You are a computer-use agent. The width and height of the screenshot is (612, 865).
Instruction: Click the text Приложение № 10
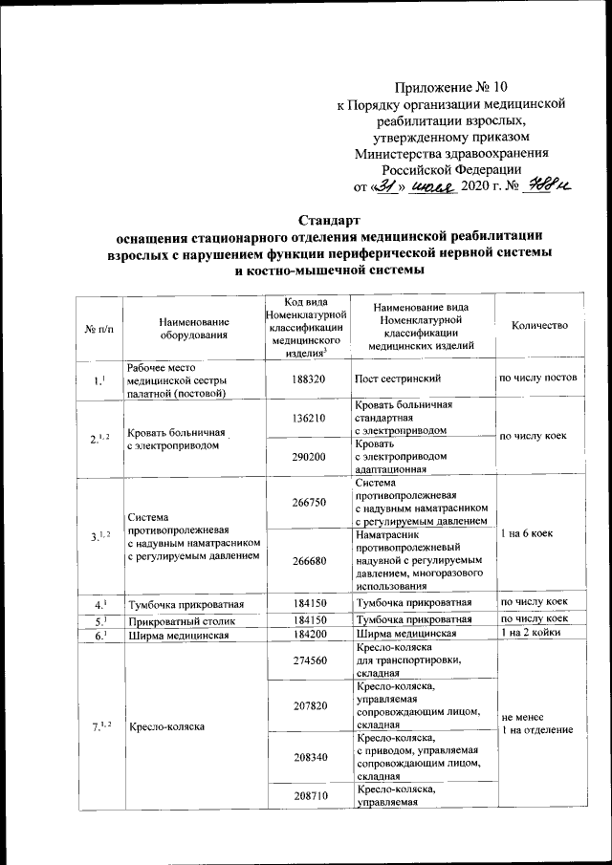[x=447, y=88]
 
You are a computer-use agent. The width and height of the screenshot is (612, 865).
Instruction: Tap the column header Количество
[x=539, y=326]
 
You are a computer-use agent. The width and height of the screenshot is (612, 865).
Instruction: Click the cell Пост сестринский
[x=399, y=378]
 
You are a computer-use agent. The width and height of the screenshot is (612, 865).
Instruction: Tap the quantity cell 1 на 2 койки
[x=535, y=634]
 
